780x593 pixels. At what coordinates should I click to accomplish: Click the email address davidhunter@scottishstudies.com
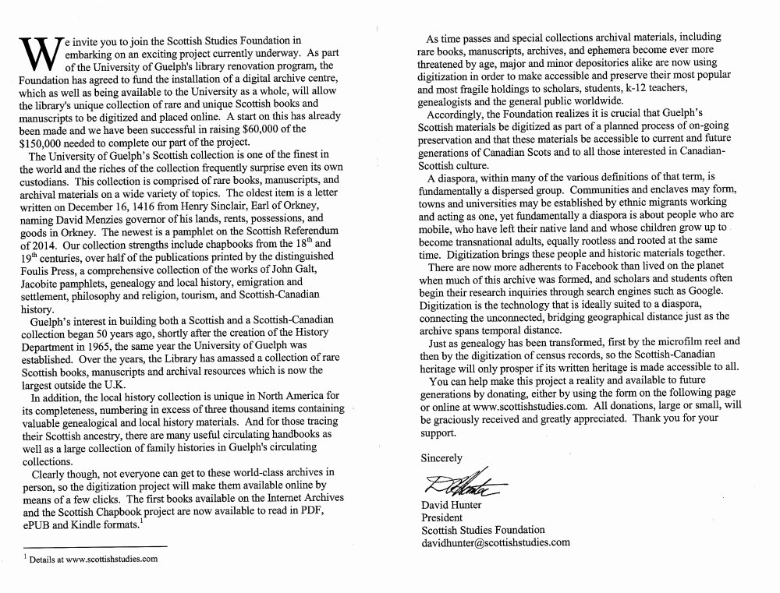point(495,542)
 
